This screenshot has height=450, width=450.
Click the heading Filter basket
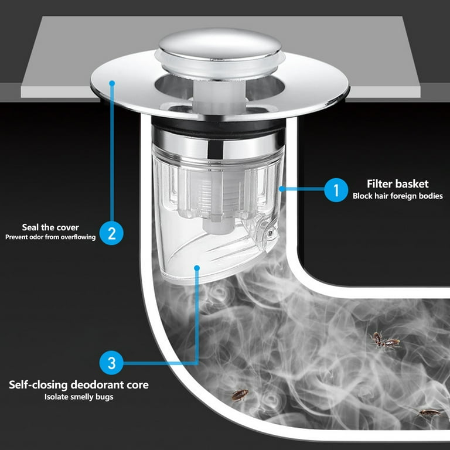(x=397, y=184)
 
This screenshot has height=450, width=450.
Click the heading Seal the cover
(x=50, y=227)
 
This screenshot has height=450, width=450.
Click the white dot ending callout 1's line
(x=282, y=189)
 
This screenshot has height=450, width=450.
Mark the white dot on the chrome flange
(x=111, y=84)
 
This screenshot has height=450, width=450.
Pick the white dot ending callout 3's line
(x=197, y=269)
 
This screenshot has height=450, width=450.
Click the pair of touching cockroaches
(x=384, y=340)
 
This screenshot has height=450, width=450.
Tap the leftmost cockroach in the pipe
(x=239, y=396)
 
